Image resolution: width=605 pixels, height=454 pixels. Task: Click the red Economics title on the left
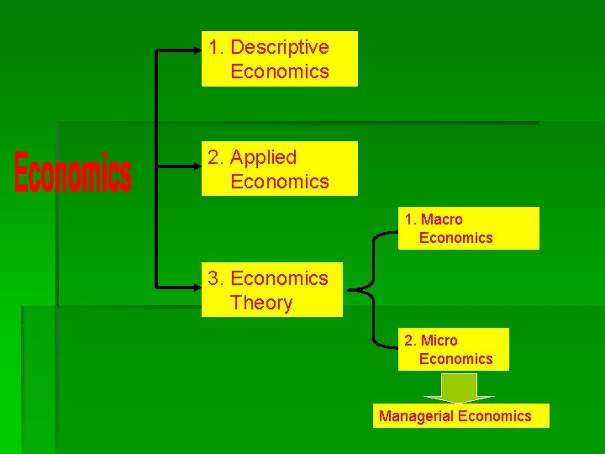[72, 172]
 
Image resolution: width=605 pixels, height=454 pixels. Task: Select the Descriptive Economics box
[279, 59]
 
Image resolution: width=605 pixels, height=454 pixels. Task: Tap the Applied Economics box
[279, 169]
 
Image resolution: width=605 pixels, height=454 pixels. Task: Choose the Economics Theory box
[272, 290]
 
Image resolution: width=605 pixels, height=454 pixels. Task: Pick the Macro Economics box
[468, 229]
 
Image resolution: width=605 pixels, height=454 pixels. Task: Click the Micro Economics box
[454, 350]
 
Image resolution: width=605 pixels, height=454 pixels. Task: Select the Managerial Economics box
[460, 416]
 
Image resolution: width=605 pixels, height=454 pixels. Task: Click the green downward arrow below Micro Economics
[459, 388]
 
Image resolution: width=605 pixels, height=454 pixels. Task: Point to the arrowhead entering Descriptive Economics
[197, 50]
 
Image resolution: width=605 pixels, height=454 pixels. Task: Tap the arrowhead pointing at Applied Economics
[197, 166]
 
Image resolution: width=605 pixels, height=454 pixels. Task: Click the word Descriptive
[279, 47]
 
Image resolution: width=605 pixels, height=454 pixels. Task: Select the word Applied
[263, 157]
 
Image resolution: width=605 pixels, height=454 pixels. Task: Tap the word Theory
[260, 303]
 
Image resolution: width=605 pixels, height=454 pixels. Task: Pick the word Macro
[441, 219]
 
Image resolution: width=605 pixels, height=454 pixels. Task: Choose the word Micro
[439, 340]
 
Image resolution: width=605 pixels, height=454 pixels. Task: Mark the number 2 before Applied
[214, 157]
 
